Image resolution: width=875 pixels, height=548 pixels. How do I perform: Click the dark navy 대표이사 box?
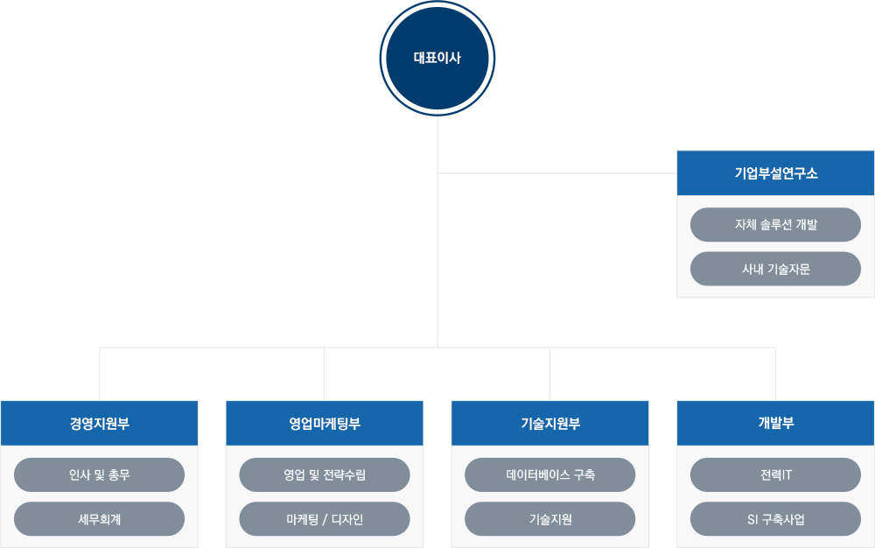click(x=437, y=59)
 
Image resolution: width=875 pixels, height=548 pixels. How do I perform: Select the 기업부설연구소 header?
click(x=775, y=172)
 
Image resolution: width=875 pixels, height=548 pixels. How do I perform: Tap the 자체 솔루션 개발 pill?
click(x=775, y=224)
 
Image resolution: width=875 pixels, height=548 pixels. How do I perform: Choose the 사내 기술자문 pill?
click(x=775, y=269)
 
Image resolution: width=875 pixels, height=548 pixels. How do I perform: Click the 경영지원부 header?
click(x=99, y=424)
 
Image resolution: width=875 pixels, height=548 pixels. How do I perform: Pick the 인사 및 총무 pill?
click(x=99, y=475)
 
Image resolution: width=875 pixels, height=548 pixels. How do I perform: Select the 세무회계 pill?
click(x=99, y=519)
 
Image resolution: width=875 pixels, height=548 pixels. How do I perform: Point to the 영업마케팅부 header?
click(x=325, y=424)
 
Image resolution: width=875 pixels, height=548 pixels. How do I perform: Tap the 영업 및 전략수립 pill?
click(x=325, y=475)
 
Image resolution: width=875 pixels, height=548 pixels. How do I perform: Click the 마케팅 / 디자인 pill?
click(x=325, y=519)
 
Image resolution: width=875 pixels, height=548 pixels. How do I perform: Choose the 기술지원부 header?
click(x=549, y=424)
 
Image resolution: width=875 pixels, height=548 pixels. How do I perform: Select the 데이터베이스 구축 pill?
click(x=549, y=475)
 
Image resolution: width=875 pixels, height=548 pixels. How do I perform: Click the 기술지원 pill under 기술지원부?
click(x=549, y=519)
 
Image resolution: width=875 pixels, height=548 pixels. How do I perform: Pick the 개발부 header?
click(x=775, y=424)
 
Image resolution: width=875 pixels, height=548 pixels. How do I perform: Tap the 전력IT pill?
click(x=775, y=475)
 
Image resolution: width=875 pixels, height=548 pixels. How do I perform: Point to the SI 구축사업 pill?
click(x=775, y=519)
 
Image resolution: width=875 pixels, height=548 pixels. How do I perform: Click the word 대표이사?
click(x=437, y=59)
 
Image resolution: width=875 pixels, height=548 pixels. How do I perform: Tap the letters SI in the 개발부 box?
click(x=741, y=519)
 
